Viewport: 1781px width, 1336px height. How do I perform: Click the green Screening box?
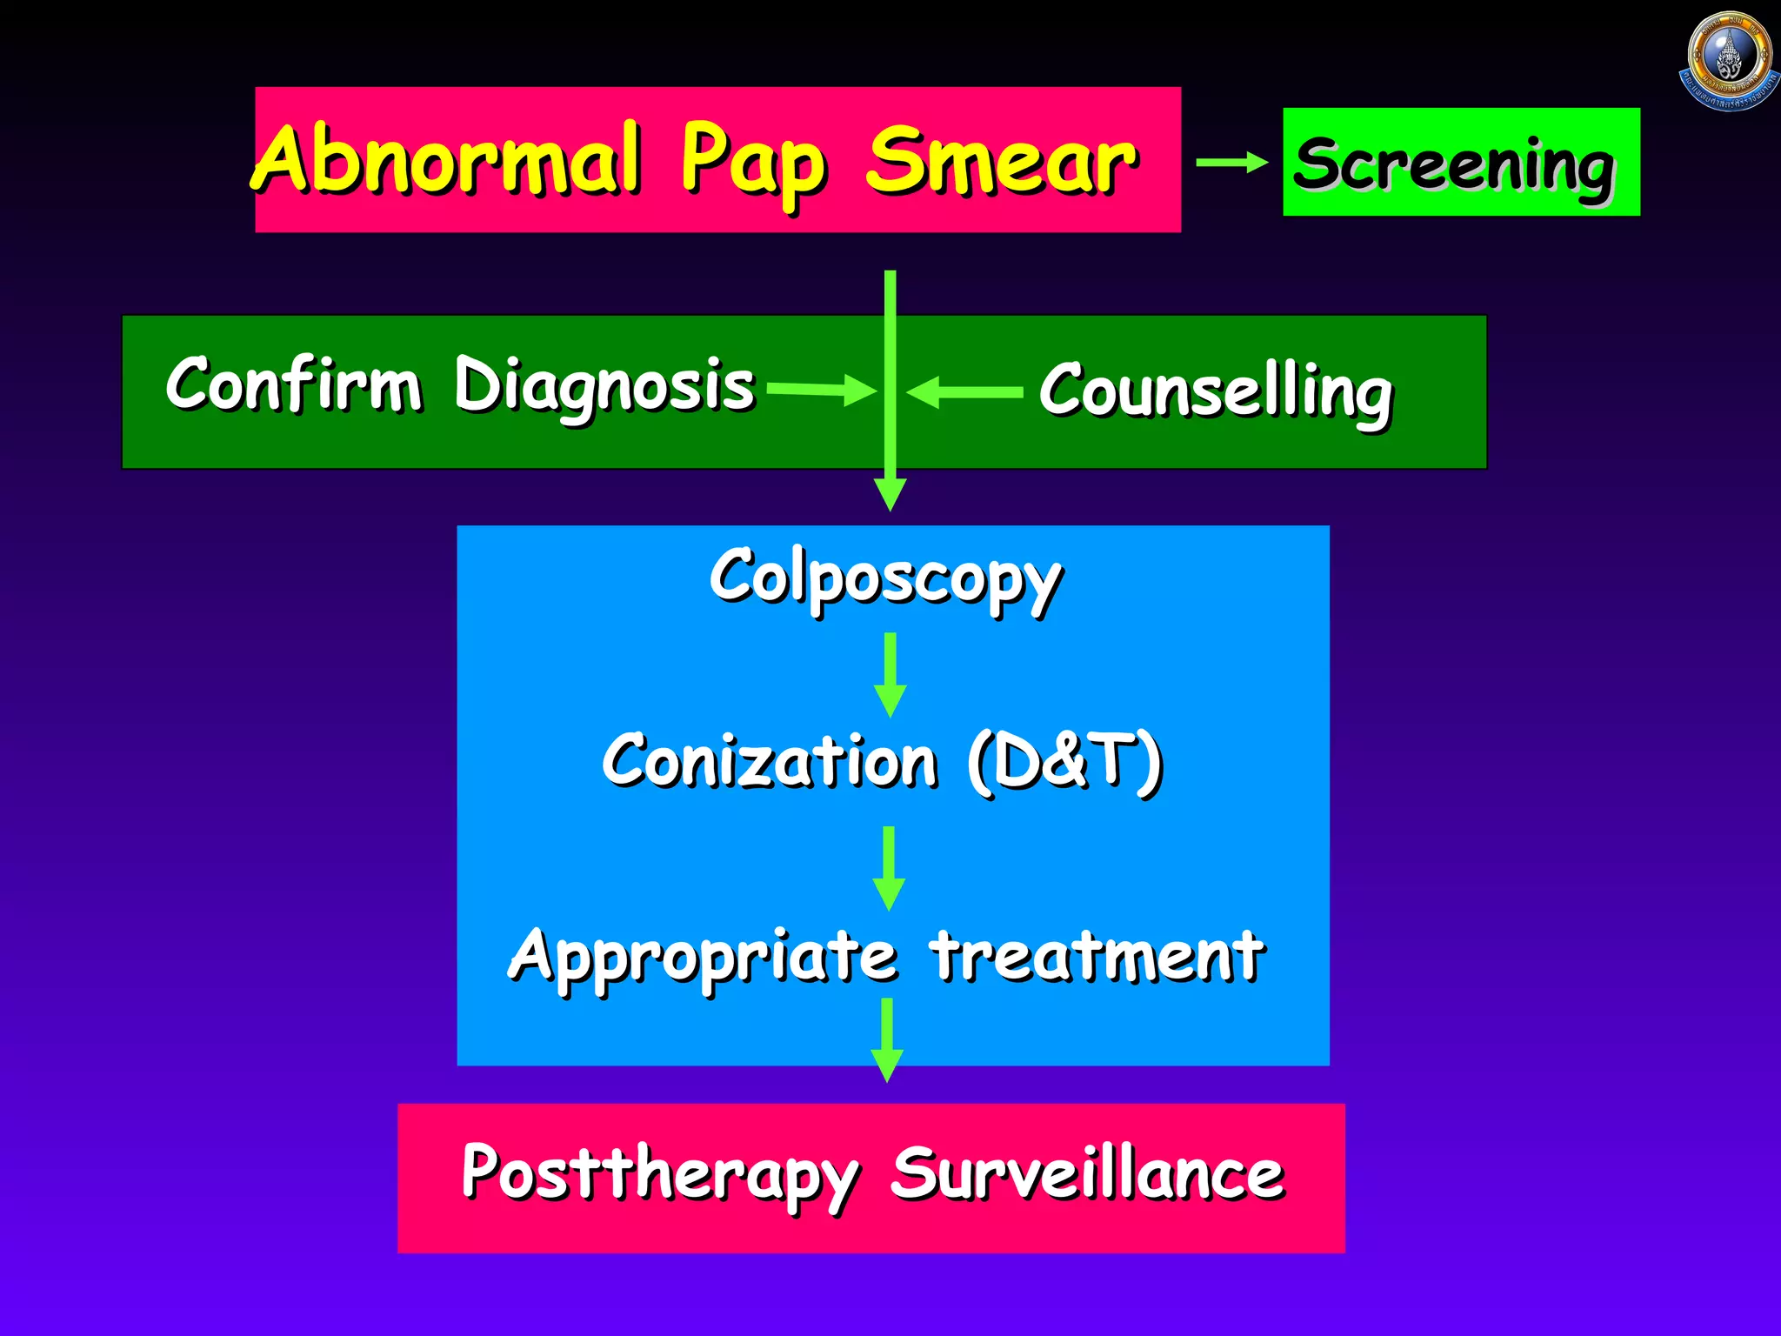coord(1461,163)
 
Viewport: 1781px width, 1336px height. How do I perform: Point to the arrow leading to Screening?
coord(1231,163)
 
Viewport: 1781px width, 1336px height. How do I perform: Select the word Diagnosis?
coord(604,386)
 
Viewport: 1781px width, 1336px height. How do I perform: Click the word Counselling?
coord(1216,392)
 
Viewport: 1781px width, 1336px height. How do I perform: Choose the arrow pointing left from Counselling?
coord(964,392)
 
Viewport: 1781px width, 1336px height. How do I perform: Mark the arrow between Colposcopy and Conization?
coord(890,675)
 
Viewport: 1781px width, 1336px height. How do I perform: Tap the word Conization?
coord(770,760)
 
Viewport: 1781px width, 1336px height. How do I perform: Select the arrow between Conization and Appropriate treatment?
coord(888,868)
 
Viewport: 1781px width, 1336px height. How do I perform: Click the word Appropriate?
coord(703,957)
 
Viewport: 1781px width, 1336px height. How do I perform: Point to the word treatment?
coord(1097,955)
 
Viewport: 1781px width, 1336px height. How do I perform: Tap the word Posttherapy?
coord(659,1174)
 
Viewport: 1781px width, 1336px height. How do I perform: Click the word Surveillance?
coord(1087,1174)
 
